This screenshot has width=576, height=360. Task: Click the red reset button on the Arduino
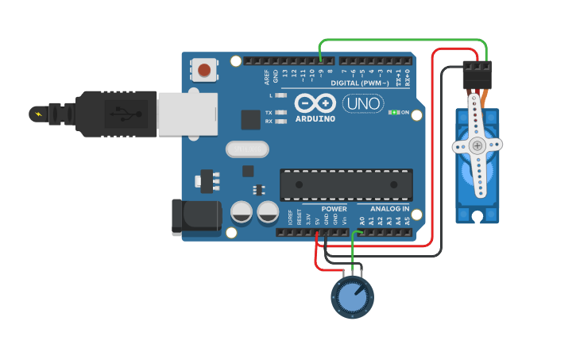coord(204,70)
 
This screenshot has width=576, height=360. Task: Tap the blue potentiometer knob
coord(352,296)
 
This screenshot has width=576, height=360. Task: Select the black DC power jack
coord(196,217)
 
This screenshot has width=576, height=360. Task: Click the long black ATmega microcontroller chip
coord(346,184)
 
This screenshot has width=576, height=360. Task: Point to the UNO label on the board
coord(362,103)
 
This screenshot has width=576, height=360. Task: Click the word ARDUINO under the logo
coord(315,119)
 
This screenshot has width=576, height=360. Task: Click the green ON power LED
coord(392,113)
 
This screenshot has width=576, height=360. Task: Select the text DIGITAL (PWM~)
coord(360,83)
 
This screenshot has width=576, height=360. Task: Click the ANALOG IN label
coord(389,209)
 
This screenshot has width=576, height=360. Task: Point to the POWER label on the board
coord(334,209)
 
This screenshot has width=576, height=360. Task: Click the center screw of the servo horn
coord(477,145)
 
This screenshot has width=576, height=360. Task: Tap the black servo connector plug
coord(477,75)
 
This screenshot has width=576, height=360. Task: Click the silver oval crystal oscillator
coord(247,149)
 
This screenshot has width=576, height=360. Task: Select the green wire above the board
coord(401,40)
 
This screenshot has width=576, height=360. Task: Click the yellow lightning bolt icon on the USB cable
coord(37,114)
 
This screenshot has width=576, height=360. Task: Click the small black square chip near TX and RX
coord(250,119)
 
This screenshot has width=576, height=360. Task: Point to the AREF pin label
coord(267,77)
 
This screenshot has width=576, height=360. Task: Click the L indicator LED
coord(280,95)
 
